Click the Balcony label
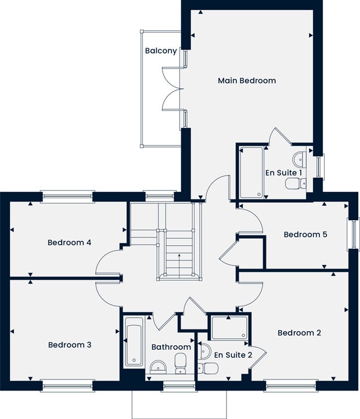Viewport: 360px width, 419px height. coord(161,51)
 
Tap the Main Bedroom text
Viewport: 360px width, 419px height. coord(246,81)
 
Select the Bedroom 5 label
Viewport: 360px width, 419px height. coord(305,235)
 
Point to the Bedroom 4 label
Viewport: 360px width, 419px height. coord(69,242)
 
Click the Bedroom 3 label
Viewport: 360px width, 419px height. coord(69,345)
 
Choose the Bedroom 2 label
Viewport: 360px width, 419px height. coord(299,333)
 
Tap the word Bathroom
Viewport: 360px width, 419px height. coord(171,347)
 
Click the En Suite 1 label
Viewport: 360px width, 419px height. coord(283,173)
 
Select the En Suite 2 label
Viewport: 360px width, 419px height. coord(233,354)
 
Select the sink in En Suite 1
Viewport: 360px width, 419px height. coord(300,158)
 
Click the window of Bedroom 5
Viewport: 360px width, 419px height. coord(352,234)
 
